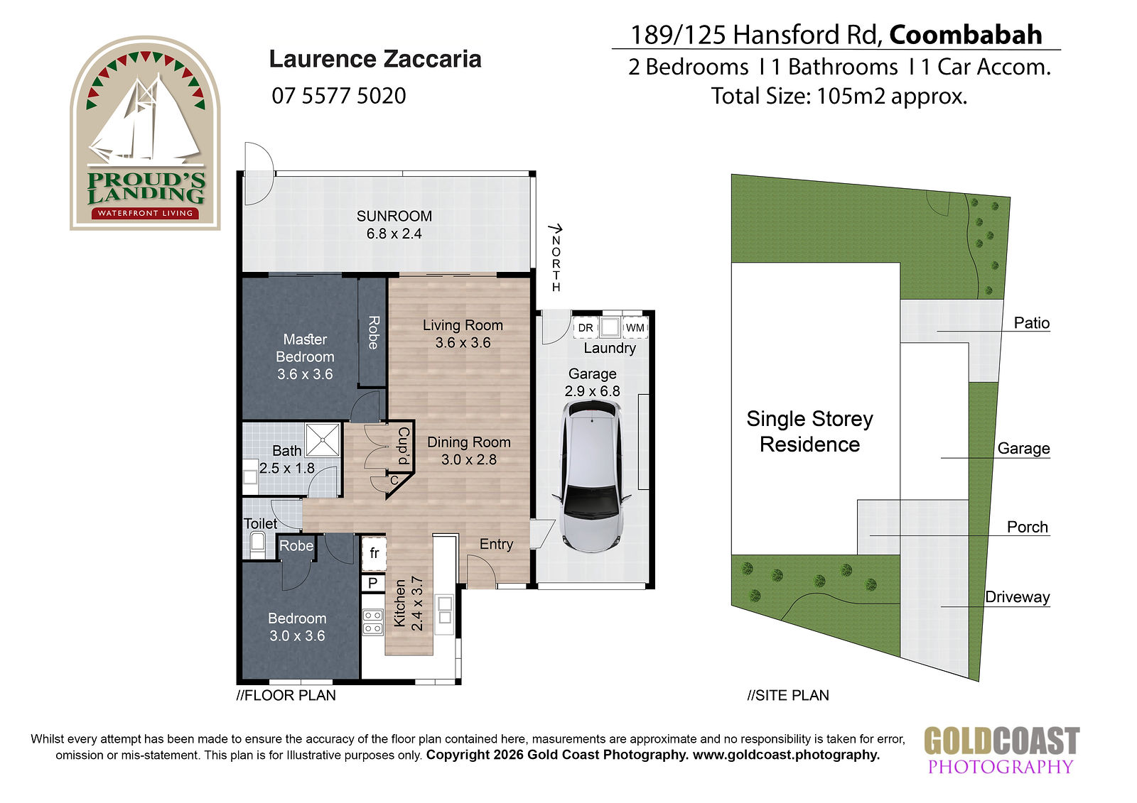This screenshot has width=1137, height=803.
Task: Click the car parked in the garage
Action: tap(592, 476)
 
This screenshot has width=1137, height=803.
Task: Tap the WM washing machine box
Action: tap(635, 328)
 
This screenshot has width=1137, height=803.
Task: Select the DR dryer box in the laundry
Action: tap(586, 328)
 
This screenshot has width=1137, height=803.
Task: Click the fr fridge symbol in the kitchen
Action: tap(374, 553)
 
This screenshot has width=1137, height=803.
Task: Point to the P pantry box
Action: tap(373, 583)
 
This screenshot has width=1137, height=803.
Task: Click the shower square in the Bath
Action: tap(323, 439)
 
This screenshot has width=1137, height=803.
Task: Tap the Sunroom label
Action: tap(394, 216)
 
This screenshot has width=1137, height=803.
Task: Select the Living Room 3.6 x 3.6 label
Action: tap(463, 334)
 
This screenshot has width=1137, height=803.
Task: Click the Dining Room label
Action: tap(468, 442)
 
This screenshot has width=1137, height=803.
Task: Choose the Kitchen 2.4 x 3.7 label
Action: tap(408, 603)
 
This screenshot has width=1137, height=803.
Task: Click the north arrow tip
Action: tap(561, 227)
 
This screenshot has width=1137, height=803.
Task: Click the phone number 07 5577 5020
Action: tap(338, 96)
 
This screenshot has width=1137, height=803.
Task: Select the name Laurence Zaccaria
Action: tap(375, 59)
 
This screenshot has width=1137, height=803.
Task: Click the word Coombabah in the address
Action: tap(966, 35)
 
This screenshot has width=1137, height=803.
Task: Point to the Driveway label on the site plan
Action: tap(1017, 597)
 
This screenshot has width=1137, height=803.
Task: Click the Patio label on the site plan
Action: tap(1031, 322)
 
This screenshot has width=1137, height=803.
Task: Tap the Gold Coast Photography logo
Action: tap(1001, 750)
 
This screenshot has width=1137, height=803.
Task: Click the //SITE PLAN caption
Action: tap(788, 695)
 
